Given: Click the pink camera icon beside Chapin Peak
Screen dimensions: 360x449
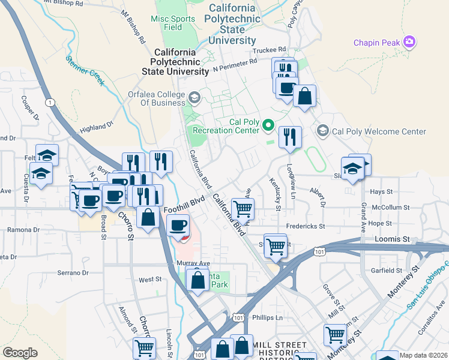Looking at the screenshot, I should (x=411, y=42).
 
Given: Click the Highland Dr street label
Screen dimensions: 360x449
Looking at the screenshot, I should (x=97, y=127).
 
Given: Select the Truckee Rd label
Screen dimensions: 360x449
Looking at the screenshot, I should (x=271, y=50).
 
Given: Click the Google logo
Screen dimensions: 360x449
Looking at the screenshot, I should (x=20, y=353).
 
